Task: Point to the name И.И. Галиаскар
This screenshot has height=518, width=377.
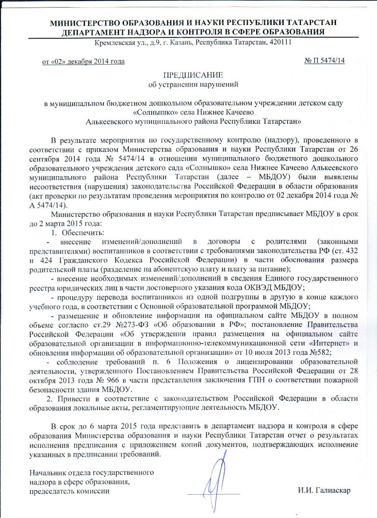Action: point(324,490)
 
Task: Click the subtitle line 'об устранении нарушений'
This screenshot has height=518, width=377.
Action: point(193,84)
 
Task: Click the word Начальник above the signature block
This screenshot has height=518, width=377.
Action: point(46,473)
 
